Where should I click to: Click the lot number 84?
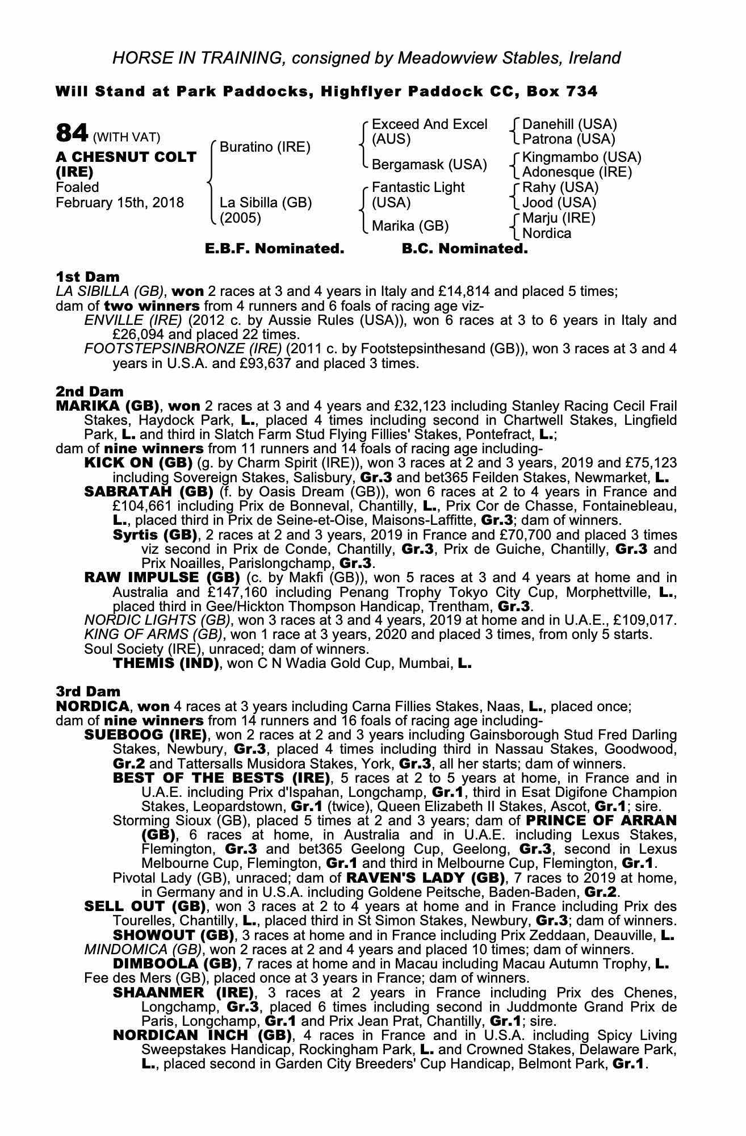[72, 134]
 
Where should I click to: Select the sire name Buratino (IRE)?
[265, 147]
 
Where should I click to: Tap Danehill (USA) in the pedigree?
[569, 124]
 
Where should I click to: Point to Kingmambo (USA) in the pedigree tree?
[581, 157]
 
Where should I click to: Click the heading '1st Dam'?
[87, 277]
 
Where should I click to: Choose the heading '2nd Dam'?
[89, 391]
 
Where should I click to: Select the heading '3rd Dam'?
[88, 691]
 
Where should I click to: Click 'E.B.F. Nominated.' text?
[274, 249]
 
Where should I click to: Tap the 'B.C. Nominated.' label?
[464, 249]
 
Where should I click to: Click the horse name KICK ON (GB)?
[138, 463]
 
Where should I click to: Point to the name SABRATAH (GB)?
[148, 491]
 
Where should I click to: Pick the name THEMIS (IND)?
[166, 663]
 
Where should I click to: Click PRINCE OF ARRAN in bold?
[601, 821]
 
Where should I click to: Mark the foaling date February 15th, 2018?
[120, 203]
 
